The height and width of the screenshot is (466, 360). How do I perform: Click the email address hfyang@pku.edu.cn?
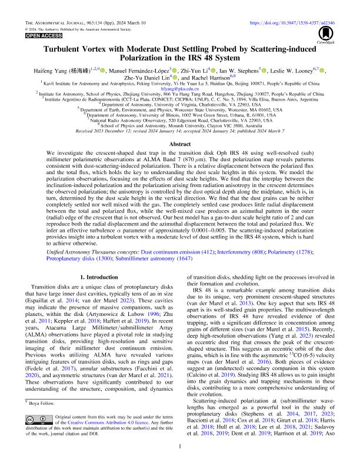180,88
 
